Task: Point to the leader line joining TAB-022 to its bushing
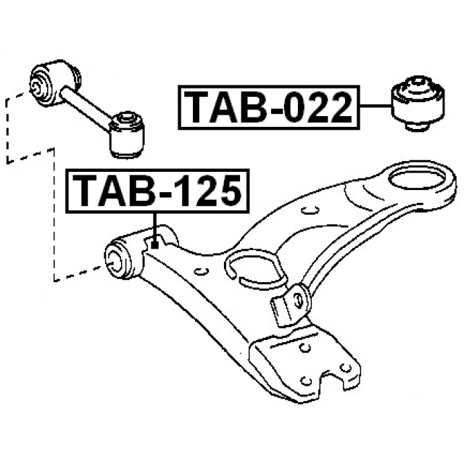[373, 107]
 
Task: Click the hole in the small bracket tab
[297, 297]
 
